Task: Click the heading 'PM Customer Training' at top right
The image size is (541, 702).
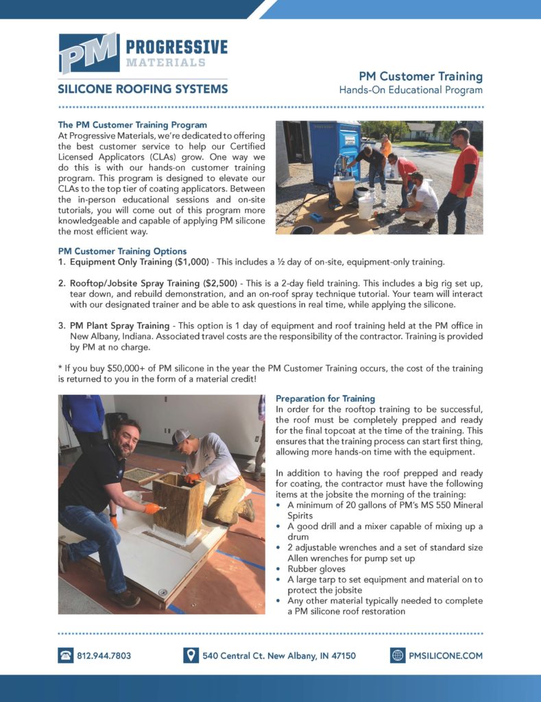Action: [x=421, y=76]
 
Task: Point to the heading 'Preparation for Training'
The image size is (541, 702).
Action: [x=325, y=398]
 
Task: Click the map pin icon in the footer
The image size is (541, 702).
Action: [x=191, y=655]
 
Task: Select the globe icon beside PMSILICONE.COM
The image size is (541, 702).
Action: [x=398, y=655]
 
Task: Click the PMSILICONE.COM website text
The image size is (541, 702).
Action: [x=445, y=655]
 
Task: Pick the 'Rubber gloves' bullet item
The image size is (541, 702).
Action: [x=316, y=568]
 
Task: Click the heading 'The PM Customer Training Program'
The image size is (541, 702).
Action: [x=132, y=125]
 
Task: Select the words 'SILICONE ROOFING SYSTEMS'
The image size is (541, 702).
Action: [x=143, y=89]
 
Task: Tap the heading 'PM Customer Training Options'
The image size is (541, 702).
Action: [x=122, y=251]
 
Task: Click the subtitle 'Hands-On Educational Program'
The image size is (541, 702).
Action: [x=411, y=90]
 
